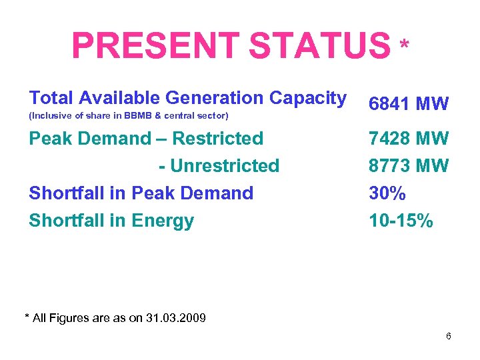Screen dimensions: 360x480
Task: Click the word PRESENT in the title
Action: [x=155, y=46]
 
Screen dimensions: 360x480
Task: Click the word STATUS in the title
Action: [x=318, y=46]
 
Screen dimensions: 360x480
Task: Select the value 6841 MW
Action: [x=409, y=104]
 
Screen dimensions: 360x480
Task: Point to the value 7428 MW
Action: [x=409, y=139]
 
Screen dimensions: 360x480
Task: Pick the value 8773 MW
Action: [x=409, y=165]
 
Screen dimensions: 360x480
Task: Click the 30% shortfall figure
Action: [x=387, y=193]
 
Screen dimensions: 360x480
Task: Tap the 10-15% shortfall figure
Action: [x=401, y=221]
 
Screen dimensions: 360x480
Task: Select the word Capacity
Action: [x=308, y=98]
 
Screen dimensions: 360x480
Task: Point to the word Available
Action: [x=119, y=98]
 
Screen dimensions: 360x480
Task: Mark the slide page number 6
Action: [x=449, y=336]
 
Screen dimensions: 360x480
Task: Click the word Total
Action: [x=51, y=98]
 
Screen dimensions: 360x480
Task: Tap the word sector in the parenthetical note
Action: [x=211, y=117]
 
